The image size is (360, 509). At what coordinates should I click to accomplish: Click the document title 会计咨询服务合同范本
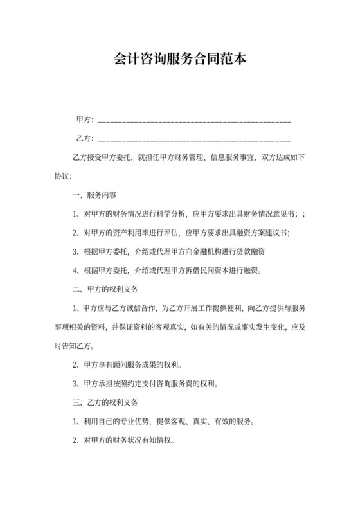pos(179,59)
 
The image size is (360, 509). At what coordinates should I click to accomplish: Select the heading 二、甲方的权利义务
pos(111,289)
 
